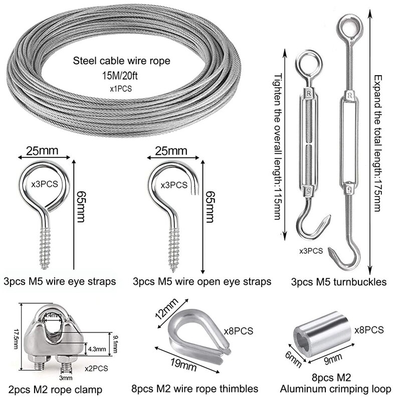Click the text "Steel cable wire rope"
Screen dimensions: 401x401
pyautogui.click(x=122, y=62)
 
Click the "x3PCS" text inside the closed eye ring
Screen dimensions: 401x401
pyautogui.click(x=45, y=184)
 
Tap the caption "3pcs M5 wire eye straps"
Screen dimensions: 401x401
pyautogui.click(x=60, y=281)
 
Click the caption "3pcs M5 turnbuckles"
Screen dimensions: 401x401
pyautogui.click(x=339, y=282)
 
